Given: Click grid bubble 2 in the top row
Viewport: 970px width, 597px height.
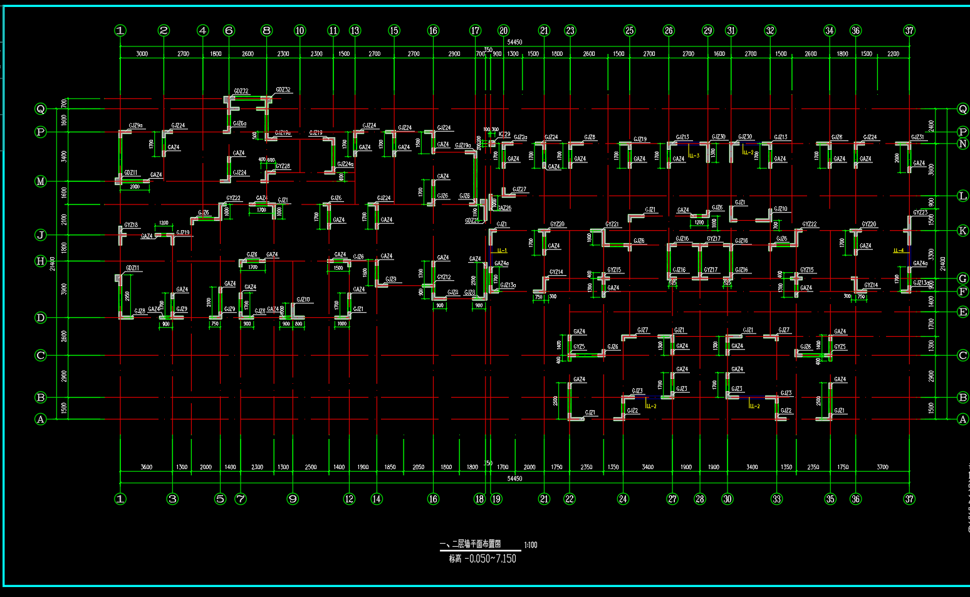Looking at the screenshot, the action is coord(164,30).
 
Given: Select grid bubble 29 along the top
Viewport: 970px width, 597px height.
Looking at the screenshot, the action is coord(707,30).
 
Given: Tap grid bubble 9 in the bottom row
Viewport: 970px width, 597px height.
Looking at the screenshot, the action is coord(293,499).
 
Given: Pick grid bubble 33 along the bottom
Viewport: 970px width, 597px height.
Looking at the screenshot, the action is coord(777,499).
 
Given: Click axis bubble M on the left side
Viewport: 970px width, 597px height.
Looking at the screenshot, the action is coord(41,181).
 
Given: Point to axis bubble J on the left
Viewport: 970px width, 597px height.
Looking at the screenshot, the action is coord(41,235).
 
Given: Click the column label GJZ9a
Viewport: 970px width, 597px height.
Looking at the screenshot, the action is coord(135,125).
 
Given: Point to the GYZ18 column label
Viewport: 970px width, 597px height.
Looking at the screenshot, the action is coord(131,225).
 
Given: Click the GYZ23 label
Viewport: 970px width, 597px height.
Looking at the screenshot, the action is coord(920,213).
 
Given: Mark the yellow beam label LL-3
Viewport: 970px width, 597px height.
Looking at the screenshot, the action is coord(694,156).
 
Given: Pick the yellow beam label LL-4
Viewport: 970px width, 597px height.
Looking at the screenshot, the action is coord(899,251).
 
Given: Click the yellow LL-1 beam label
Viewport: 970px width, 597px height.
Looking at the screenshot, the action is coord(502,251).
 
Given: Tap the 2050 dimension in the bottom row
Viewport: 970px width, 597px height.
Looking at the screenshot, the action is coord(418,467).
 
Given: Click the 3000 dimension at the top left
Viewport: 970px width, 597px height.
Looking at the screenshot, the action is coord(142,54).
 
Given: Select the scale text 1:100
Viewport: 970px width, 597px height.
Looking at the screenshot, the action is coord(530,545).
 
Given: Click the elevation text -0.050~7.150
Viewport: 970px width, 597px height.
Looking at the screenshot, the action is coord(491,559).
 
